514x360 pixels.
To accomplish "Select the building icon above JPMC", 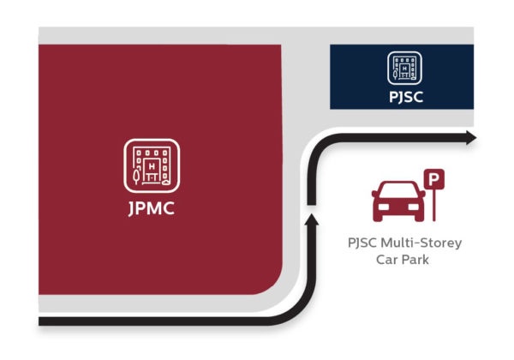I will pos(152,164).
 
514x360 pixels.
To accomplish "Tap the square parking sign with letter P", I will pos(437,180).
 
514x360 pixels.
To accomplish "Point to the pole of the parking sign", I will pos(437,205).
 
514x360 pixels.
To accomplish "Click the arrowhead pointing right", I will pos(469,138).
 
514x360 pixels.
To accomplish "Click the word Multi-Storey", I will pos(423,243).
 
